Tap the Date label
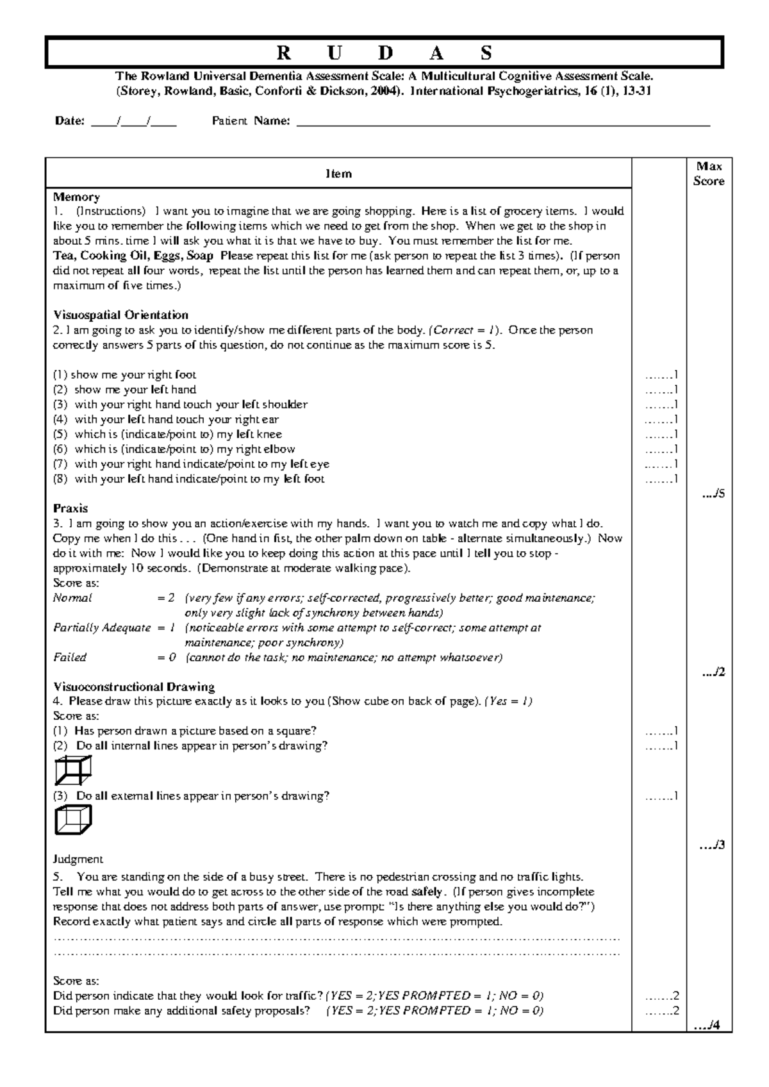[x=69, y=121]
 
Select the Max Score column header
[x=709, y=174]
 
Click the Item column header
[x=338, y=174]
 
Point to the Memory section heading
[x=76, y=197]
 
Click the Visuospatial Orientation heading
[x=120, y=315]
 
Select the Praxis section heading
[x=70, y=508]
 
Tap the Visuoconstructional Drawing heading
[x=133, y=686]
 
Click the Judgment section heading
[x=78, y=859]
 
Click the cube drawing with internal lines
[x=73, y=770]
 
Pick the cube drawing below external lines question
[x=73, y=820]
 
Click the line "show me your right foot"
[x=133, y=375]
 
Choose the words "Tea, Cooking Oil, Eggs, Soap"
[x=133, y=256]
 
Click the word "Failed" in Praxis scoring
[x=70, y=657]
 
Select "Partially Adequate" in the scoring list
[x=102, y=627]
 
